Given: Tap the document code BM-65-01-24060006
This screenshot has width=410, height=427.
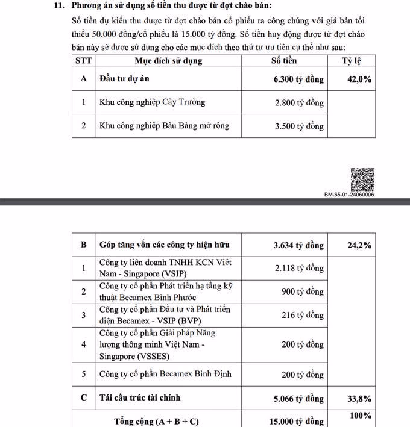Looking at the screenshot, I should point(348,195).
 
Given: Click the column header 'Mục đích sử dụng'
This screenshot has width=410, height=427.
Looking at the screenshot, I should point(168,61).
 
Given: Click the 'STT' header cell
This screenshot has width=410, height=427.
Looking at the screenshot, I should point(83,61).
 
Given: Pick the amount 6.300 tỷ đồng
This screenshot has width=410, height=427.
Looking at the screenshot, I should point(298,79).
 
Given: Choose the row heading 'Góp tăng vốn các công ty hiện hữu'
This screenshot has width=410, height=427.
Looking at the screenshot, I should point(164,245).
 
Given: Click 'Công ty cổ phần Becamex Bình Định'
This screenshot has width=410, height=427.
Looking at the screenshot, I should point(165,374).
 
